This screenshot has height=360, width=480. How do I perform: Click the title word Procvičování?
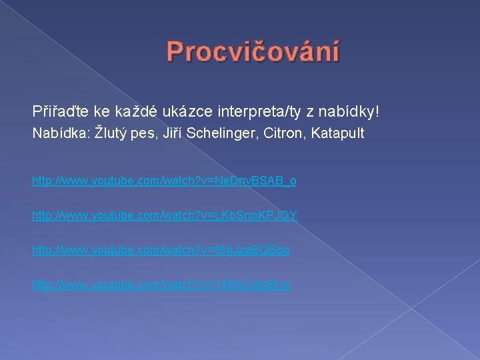click(x=253, y=51)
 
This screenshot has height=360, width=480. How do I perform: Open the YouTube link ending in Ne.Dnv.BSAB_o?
click(x=165, y=181)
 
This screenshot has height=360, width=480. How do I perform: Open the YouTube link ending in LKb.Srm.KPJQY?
click(x=165, y=215)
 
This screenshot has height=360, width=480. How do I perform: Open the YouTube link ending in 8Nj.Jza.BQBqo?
click(x=161, y=250)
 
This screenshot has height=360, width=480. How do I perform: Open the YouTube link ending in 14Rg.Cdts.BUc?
click(x=161, y=285)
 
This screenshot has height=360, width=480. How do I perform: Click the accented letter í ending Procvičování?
click(x=335, y=51)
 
